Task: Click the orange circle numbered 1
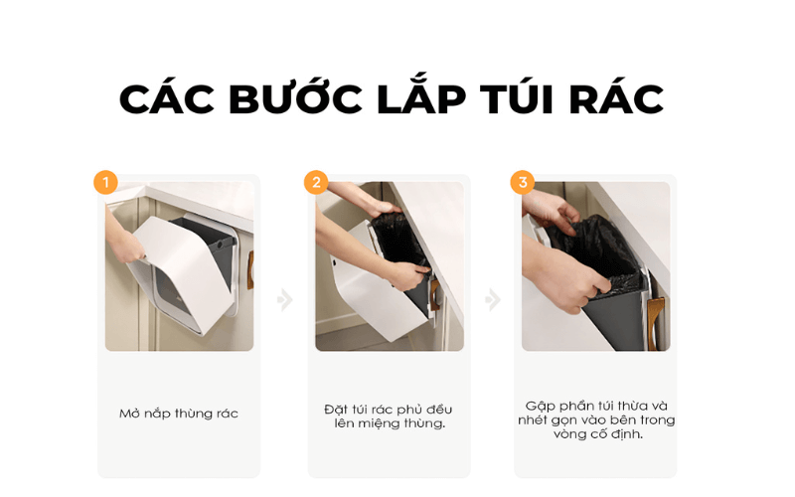click(105, 182)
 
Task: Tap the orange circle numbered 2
click(316, 182)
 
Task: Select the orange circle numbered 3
click(523, 182)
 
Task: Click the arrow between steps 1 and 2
click(285, 299)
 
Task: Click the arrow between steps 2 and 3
click(492, 299)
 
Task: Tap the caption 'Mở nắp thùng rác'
click(179, 414)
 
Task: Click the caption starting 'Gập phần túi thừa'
click(596, 419)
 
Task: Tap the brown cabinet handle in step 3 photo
click(656, 320)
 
